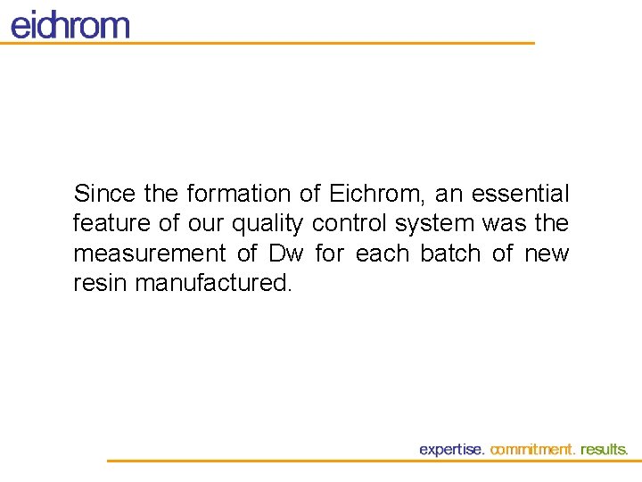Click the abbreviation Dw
pos(286,253)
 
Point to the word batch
pos(450,253)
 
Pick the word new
pos(547,254)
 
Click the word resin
pos(99,284)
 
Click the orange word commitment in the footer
pos(533,450)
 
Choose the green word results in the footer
pos(604,450)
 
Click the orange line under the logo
pos(267,43)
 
